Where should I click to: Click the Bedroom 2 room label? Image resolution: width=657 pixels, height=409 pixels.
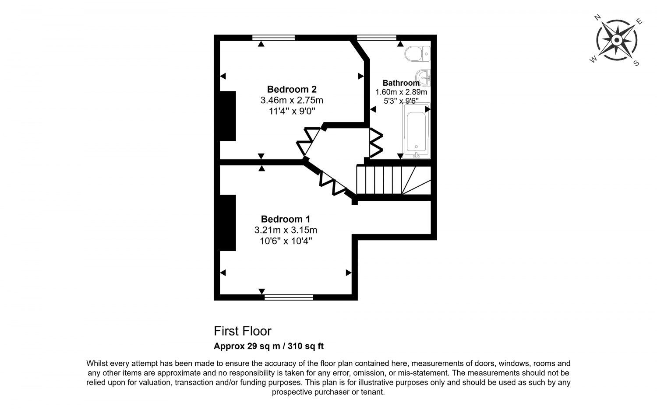coord(292,89)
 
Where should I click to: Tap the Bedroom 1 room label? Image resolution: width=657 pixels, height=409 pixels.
coord(285,219)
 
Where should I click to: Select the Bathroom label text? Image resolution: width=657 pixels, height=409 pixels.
coord(401,83)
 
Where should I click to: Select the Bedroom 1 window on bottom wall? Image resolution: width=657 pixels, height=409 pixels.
coord(289,297)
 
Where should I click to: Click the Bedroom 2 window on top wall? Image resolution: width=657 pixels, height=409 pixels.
coord(273,38)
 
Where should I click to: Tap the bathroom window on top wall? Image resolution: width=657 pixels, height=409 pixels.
coord(377,38)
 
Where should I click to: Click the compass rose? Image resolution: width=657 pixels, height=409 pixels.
coord(616,41)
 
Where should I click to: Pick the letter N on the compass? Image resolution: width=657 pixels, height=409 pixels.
coord(597,17)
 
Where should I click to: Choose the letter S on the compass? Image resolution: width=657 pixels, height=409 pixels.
coord(636,63)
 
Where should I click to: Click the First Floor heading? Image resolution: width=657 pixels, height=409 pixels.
coord(242,331)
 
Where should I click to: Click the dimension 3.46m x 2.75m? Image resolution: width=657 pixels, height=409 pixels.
coord(292,100)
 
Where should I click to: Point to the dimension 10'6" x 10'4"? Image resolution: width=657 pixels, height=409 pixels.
coord(285,241)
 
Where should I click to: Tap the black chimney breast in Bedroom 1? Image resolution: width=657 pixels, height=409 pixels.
coord(228,223)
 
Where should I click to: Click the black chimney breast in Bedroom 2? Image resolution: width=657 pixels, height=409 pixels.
coord(228,116)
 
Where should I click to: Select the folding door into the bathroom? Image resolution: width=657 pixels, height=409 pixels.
coord(376,142)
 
